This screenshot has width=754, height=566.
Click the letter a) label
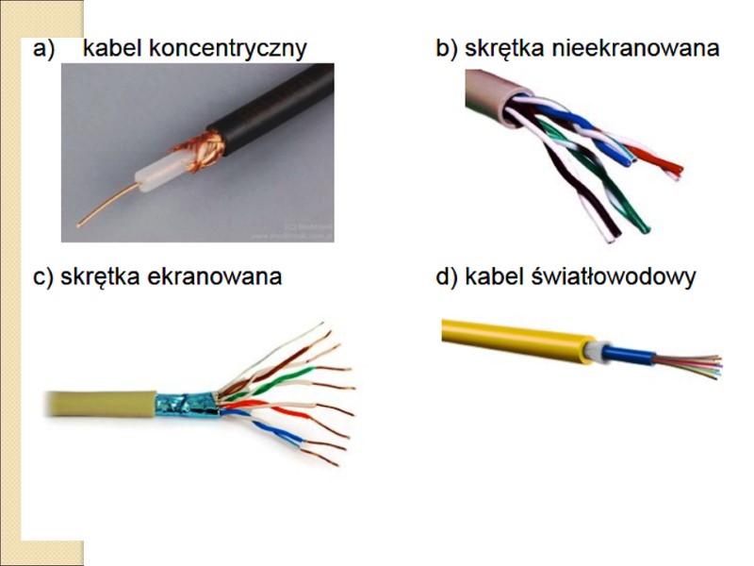[43, 49]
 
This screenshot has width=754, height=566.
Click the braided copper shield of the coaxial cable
[201, 151]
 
